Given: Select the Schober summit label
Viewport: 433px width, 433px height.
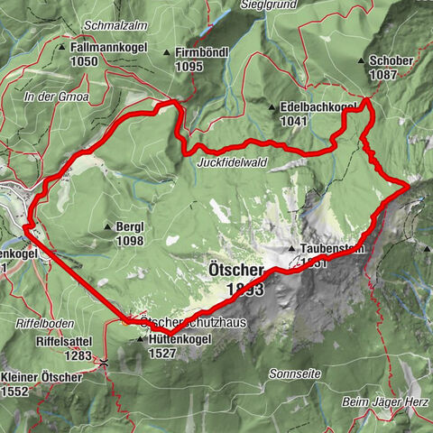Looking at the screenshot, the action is pyautogui.click(x=392, y=60).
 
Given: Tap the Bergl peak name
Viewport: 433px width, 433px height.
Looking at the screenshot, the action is pyautogui.click(x=131, y=228).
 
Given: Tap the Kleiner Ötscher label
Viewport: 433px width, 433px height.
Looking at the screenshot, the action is pyautogui.click(x=41, y=377).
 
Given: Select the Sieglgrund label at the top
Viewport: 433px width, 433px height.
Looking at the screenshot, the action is pyautogui.click(x=267, y=5).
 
